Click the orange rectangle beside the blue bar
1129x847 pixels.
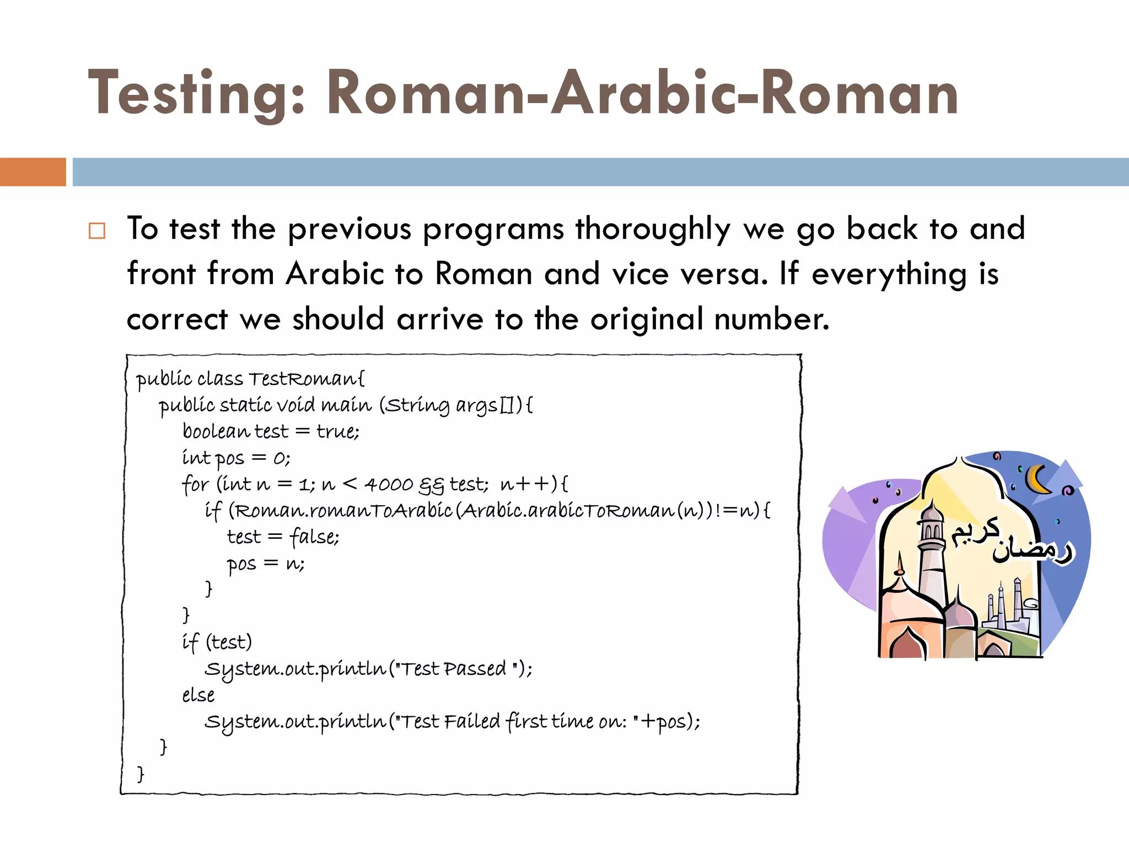click(x=33, y=172)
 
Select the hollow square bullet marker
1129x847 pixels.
click(x=97, y=230)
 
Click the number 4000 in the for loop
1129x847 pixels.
click(x=389, y=485)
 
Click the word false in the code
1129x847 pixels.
click(x=314, y=537)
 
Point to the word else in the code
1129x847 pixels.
click(x=198, y=695)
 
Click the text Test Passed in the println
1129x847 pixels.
click(x=452, y=669)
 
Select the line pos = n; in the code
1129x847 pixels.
click(x=265, y=564)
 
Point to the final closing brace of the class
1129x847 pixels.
click(x=141, y=774)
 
